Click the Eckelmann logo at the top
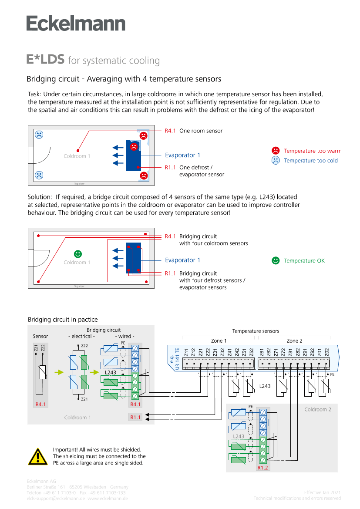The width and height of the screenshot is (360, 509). pos(76,23)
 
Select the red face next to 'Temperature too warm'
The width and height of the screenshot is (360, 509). pos(276,151)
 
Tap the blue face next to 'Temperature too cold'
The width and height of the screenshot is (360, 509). pos(276,160)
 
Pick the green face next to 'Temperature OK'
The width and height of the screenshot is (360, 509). pos(276,260)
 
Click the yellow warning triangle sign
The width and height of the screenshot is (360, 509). pos(38,456)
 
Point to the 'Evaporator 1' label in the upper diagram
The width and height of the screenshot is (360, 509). pos(182,155)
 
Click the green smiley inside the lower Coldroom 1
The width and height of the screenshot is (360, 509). pos(77,253)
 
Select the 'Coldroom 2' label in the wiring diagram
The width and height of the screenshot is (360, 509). pos(318,410)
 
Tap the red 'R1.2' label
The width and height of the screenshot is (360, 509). pos(263,468)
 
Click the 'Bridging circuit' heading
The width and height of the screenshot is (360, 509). pos(104,330)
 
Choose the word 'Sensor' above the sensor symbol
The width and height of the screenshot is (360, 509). pos(40,337)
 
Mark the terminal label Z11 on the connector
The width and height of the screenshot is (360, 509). pos(186,352)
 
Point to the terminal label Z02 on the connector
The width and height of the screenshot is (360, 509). pos(326,352)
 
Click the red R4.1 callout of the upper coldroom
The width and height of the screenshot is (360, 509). pos(170,131)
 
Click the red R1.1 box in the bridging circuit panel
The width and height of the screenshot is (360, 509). pos(136,418)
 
